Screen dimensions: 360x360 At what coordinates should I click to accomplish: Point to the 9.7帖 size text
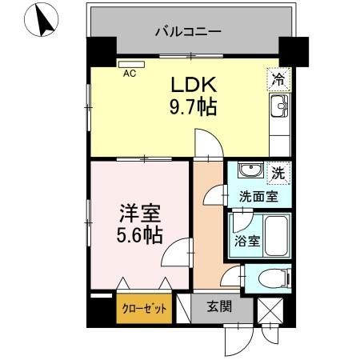click(192, 106)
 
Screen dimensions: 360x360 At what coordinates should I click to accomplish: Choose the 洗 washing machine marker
click(276, 172)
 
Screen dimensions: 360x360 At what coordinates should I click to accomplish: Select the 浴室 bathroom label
click(246, 240)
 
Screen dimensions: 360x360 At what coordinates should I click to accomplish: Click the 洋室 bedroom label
click(141, 214)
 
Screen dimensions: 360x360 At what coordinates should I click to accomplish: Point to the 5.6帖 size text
click(141, 236)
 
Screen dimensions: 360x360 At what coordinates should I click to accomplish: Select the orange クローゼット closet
click(144, 307)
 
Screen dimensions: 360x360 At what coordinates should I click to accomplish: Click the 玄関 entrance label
click(220, 306)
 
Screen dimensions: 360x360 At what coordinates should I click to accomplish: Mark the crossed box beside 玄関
click(266, 309)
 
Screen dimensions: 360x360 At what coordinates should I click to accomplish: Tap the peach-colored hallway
click(209, 232)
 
